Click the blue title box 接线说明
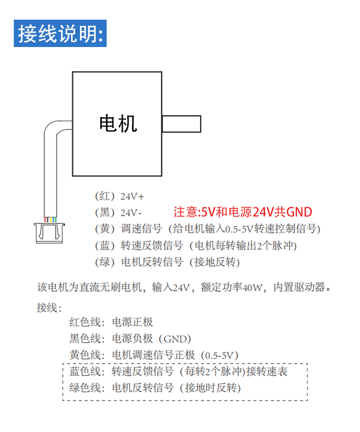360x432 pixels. tap(60, 33)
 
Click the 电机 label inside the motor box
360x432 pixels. tap(118, 123)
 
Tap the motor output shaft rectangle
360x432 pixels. tap(181, 123)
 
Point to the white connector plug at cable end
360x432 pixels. tap(48, 233)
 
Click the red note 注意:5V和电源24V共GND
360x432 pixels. tap(242, 212)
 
